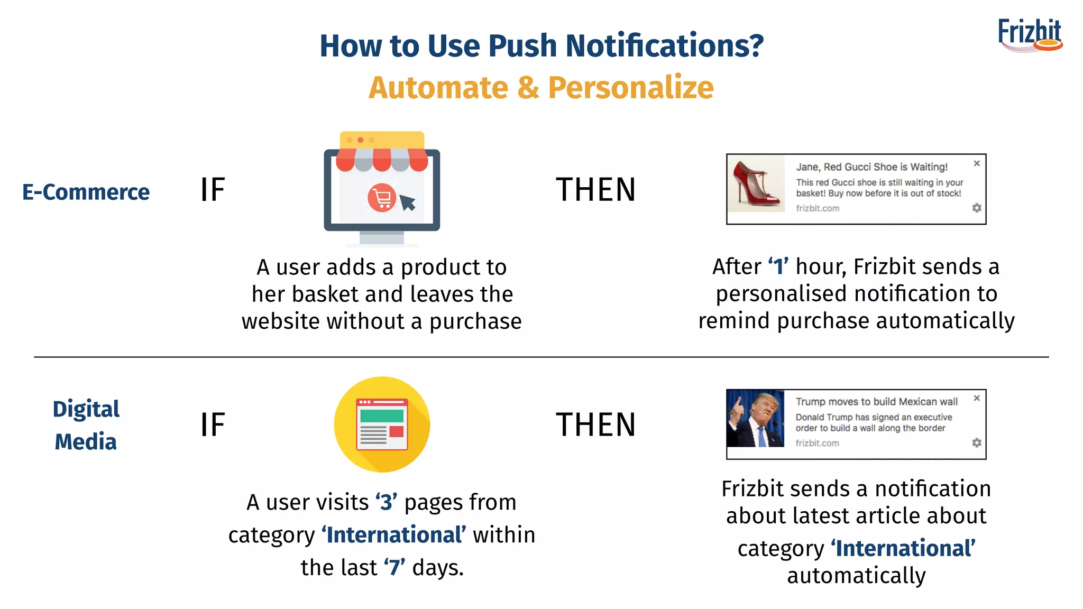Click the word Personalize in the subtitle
pyautogui.click(x=630, y=88)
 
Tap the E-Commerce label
pyautogui.click(x=86, y=192)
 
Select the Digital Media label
pyautogui.click(x=86, y=425)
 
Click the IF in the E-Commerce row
pyautogui.click(x=213, y=190)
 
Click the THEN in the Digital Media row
pyautogui.click(x=595, y=425)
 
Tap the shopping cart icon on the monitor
pyautogui.click(x=381, y=198)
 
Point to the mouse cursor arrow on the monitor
pyautogui.click(x=407, y=202)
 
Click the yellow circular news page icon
pyautogui.click(x=382, y=425)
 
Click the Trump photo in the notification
pyautogui.click(x=756, y=419)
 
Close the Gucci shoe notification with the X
pyautogui.click(x=977, y=163)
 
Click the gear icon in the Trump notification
pyautogui.click(x=977, y=442)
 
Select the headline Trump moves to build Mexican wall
pyautogui.click(x=876, y=402)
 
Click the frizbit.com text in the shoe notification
pyautogui.click(x=818, y=208)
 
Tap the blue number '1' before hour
pyautogui.click(x=778, y=266)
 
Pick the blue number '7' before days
pyautogui.click(x=394, y=568)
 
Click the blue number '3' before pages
pyautogui.click(x=387, y=502)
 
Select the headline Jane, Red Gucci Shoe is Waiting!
pyautogui.click(x=871, y=167)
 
